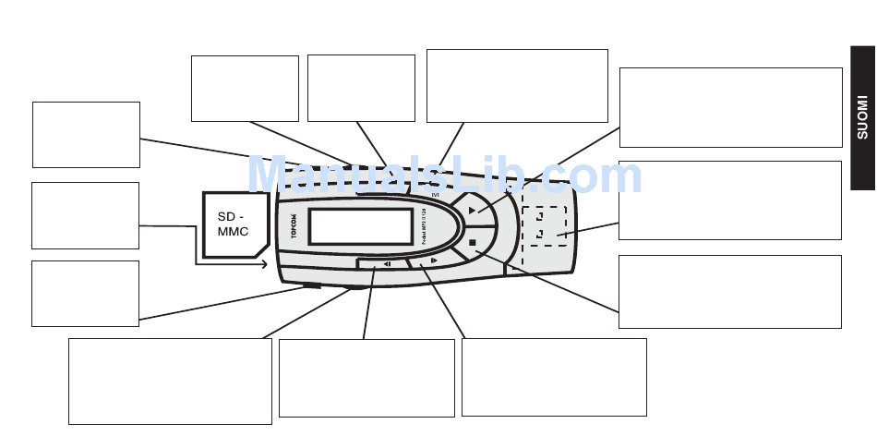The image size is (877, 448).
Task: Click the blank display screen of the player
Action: point(360,226)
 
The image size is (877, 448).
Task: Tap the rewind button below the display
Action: point(388,264)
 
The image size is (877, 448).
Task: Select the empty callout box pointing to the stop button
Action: point(729,291)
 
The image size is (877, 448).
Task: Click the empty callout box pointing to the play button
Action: point(730,106)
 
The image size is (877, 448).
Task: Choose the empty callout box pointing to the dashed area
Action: point(729,200)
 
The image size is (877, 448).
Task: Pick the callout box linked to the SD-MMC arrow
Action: point(85,215)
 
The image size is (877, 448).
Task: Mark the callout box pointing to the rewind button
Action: point(366,377)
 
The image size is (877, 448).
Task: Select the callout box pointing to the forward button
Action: point(553,376)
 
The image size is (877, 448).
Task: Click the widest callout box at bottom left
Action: point(170,381)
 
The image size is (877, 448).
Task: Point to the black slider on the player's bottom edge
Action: point(311,286)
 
